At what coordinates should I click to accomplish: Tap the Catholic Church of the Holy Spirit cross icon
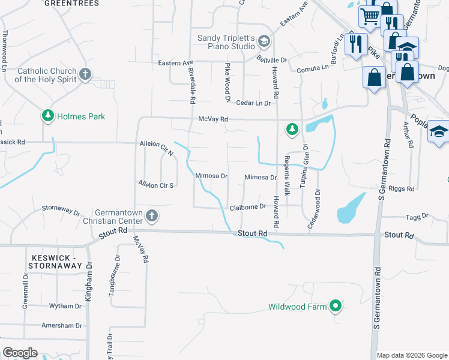pos(85,75)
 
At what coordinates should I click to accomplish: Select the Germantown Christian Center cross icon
pos(152,216)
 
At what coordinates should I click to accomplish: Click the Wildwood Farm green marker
pos(336,307)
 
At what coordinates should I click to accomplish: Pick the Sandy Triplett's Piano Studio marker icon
pos(265,42)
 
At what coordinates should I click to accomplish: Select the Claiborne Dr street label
pos(248,207)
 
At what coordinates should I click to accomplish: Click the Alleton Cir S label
pos(155,185)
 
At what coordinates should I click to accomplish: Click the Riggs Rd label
pos(402,188)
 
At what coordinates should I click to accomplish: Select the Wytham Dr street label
pos(65,306)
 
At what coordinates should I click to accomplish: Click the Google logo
pos(20,352)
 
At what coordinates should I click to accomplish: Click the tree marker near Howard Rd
pos(292,129)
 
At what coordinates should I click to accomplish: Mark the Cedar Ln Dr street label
pos(253,103)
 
